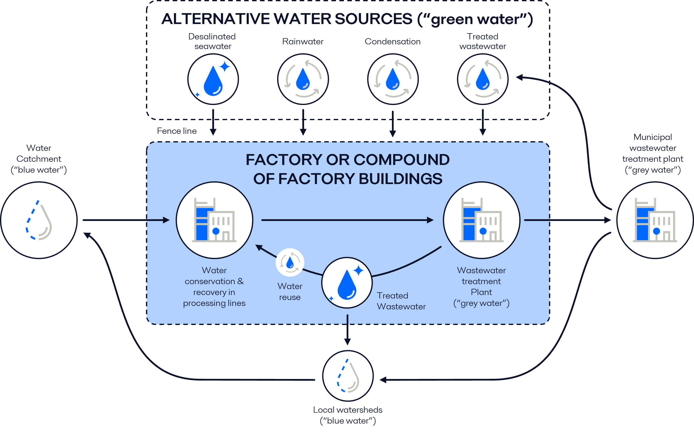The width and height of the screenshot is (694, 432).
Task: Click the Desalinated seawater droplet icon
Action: pos(213,79)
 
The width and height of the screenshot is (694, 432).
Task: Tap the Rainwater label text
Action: pos(303,41)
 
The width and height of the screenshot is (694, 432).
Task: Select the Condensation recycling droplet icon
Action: pos(393,79)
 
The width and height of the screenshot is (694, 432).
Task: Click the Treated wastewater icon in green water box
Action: pos(482,79)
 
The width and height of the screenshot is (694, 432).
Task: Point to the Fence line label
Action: pos(177,131)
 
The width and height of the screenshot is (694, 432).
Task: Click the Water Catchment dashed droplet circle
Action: pos(39,220)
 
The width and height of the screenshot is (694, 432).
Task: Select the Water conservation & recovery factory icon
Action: pos(214,220)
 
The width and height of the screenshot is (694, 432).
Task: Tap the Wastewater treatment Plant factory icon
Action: pos(481,220)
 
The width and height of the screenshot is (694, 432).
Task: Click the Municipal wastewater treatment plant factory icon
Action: pos(655,220)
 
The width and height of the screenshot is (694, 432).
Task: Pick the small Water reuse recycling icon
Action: pos(290,262)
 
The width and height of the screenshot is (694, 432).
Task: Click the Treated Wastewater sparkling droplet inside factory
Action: pos(347,283)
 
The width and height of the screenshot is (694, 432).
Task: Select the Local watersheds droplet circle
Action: pos(348,376)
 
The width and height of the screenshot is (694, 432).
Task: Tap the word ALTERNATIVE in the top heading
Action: pos(215,19)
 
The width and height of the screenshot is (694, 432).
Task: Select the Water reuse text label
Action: pos(290,292)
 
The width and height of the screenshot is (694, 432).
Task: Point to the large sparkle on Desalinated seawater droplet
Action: pos(225,67)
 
